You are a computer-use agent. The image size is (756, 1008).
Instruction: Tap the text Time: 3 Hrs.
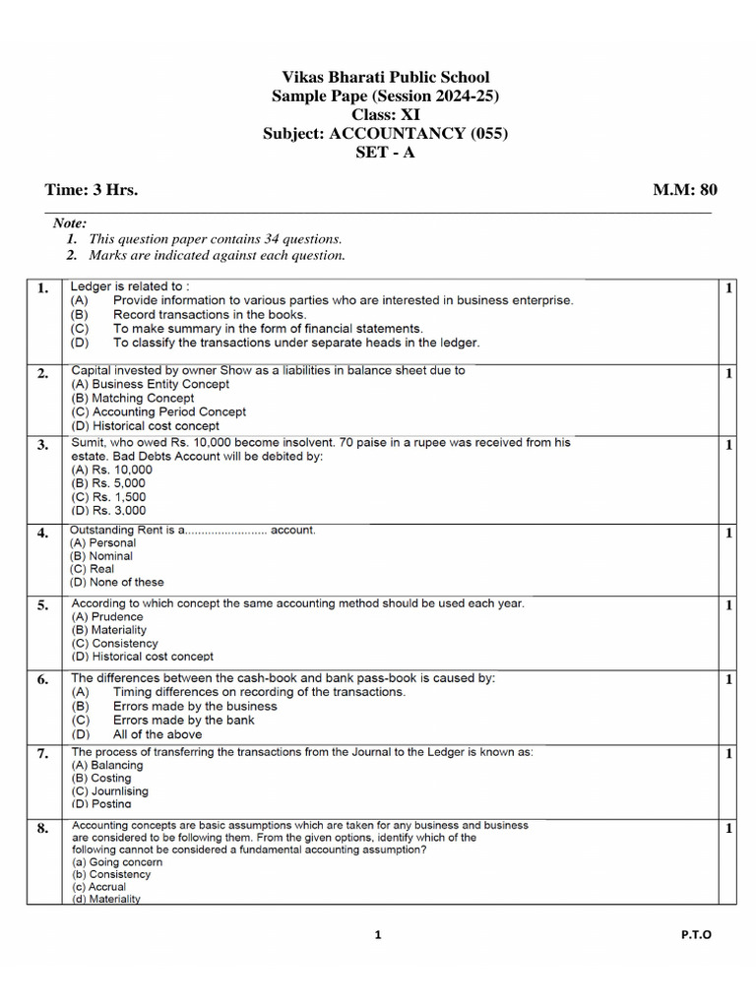(92, 190)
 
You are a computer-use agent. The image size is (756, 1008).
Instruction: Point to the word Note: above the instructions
(70, 223)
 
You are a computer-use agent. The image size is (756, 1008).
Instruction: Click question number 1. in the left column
(42, 288)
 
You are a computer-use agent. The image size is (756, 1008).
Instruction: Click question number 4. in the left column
(42, 534)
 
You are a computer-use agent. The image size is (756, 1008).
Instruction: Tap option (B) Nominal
(100, 556)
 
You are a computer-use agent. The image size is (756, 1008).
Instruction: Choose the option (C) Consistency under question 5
(114, 643)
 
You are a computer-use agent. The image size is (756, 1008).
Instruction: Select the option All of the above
(157, 734)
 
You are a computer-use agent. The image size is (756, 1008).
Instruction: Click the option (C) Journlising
(108, 790)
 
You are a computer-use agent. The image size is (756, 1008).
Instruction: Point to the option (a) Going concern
(115, 861)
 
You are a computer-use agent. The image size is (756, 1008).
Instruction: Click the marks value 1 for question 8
(728, 829)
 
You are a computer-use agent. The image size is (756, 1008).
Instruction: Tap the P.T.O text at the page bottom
(695, 935)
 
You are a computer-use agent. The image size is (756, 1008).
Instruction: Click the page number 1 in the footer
(377, 935)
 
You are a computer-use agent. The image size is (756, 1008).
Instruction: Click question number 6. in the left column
(42, 680)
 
